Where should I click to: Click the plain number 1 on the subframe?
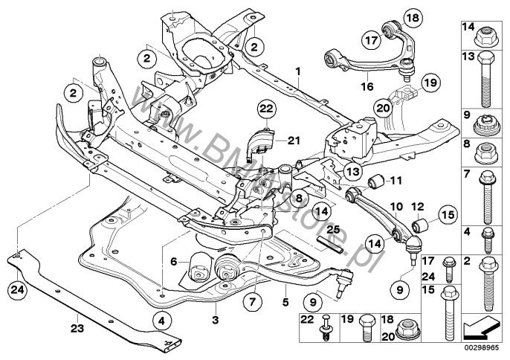297,72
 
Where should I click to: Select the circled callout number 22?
267,112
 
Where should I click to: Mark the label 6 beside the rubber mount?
174,261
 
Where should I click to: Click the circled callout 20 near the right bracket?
382,110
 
